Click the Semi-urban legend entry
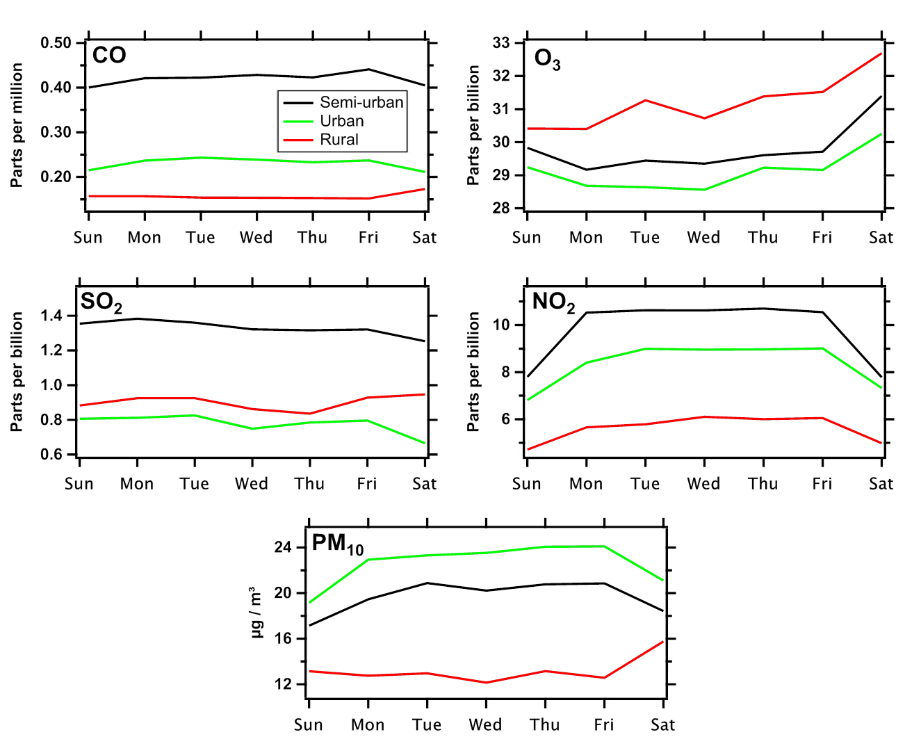[361, 102]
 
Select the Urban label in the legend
[341, 121]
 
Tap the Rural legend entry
[339, 140]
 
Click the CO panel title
[109, 56]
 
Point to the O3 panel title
[547, 60]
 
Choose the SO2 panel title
[101, 302]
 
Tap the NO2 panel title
[553, 302]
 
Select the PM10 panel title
[337, 544]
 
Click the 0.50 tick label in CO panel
[56, 43]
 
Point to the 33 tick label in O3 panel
[501, 43]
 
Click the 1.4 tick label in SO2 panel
[51, 316]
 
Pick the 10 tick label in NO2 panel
[502, 325]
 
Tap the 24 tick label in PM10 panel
[283, 548]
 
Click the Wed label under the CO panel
[256, 238]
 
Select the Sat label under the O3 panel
[881, 238]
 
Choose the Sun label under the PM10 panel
[308, 725]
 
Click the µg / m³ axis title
[256, 613]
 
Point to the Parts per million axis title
[17, 125]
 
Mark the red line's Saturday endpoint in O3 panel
[881, 54]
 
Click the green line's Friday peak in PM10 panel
[605, 546]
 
